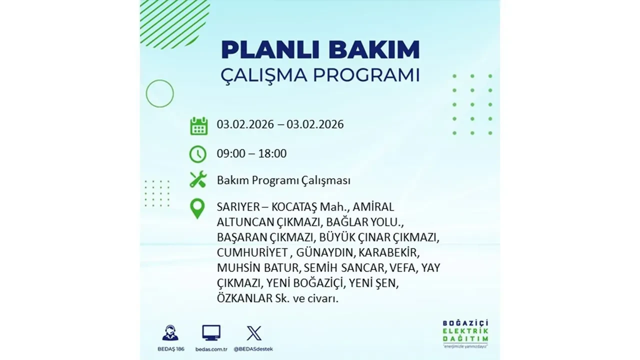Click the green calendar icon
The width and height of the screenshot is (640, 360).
click(198, 125)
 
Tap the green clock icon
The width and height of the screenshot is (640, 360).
click(198, 154)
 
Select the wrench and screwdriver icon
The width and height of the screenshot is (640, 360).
click(198, 179)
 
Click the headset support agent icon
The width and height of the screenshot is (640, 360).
click(170, 333)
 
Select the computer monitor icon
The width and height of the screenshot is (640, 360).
click(211, 333)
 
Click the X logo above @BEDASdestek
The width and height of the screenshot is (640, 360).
click(254, 333)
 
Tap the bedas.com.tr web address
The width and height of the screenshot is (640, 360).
click(211, 349)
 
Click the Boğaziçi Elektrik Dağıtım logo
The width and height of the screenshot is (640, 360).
click(465, 333)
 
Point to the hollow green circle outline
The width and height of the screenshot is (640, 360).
click(159, 93)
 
